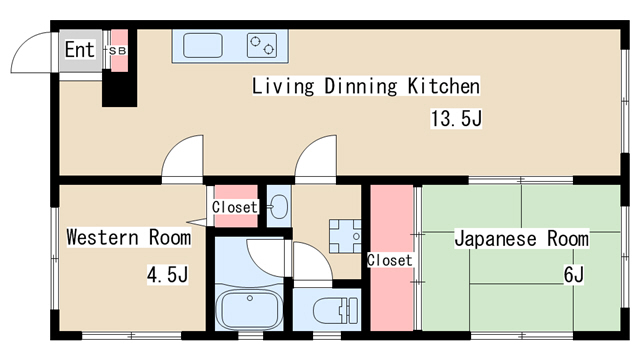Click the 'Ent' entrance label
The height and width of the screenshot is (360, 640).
79,49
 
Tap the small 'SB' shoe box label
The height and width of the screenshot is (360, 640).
117,49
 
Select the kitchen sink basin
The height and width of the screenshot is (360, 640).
204,45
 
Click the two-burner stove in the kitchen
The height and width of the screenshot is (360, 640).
264,45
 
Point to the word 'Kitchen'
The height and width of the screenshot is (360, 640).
439,86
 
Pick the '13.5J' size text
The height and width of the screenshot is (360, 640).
457,119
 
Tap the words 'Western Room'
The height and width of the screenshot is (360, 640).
128,238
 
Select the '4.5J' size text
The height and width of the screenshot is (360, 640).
166,273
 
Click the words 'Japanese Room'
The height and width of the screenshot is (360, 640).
521,239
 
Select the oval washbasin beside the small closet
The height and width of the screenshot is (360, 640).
278,207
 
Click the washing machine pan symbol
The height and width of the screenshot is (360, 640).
346,235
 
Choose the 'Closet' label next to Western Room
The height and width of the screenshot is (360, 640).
234,208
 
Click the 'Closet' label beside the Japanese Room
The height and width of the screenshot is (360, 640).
389,260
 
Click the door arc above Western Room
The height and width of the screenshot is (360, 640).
185,159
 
